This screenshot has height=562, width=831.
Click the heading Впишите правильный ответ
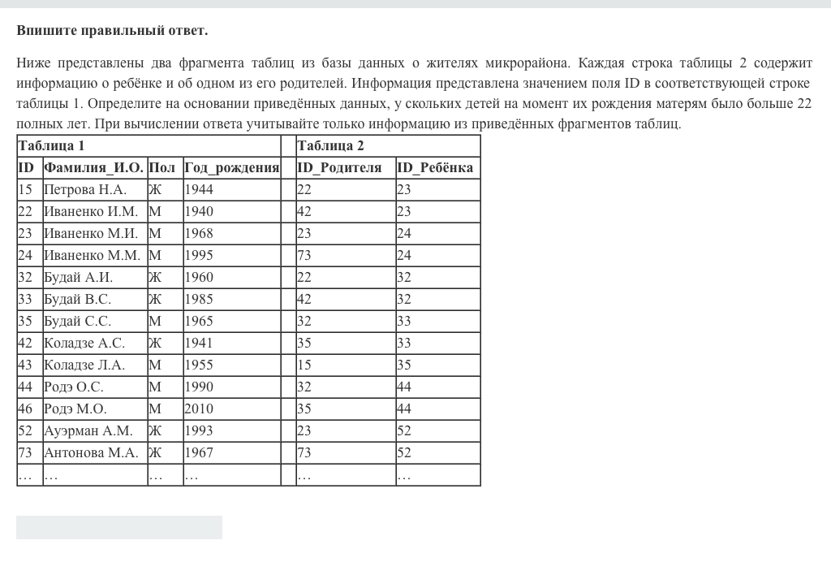tap(112, 31)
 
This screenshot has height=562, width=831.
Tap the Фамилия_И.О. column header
tap(93, 168)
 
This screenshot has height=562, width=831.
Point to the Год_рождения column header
tap(231, 168)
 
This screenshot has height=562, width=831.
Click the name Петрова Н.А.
tap(85, 190)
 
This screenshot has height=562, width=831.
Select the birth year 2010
tap(199, 409)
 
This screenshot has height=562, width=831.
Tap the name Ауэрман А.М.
tap(88, 430)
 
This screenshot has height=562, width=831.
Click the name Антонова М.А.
tap(91, 452)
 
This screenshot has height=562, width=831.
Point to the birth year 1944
tap(199, 190)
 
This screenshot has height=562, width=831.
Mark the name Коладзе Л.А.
tap(84, 365)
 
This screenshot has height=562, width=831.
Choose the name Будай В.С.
tap(77, 299)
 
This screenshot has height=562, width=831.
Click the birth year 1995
tap(199, 255)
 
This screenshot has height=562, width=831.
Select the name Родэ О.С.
tap(74, 387)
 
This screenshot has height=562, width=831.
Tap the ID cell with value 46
tap(25, 409)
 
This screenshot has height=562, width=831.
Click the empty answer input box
tap(119, 527)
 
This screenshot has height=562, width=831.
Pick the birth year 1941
tap(199, 343)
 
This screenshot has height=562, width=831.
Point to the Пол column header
tap(162, 168)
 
